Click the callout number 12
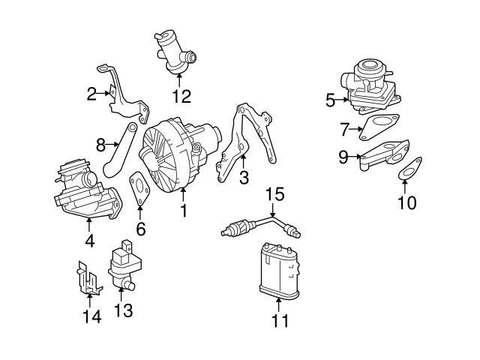coord(182,96)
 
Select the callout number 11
coord(279,322)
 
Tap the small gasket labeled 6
coord(140,190)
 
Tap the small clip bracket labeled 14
coord(89,279)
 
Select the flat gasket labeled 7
coord(378,126)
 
